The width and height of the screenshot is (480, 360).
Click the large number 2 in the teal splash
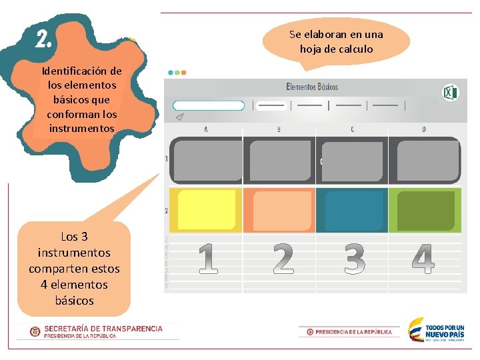coord(43,40)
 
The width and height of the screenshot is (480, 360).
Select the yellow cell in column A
coord(206,210)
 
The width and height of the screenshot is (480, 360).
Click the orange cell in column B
coord(279,210)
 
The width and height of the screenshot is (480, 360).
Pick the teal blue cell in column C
coord(352,210)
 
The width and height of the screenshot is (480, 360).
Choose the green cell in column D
coord(425,210)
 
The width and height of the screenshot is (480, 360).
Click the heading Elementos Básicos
coord(312,87)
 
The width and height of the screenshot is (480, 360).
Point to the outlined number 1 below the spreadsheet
coord(207,259)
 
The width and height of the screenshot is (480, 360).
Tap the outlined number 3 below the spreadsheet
coord(354,259)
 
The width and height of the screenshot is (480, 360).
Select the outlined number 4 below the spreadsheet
coord(423,259)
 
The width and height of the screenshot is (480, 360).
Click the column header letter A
coord(205,129)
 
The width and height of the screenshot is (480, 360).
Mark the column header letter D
coord(424,129)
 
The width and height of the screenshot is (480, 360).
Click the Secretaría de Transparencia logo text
coord(103,329)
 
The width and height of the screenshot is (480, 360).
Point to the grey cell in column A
coord(206,160)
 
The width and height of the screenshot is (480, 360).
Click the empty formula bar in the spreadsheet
coord(209,105)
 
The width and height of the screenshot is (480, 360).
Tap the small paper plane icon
coord(179,117)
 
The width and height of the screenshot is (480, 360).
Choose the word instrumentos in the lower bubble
coord(74,253)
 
